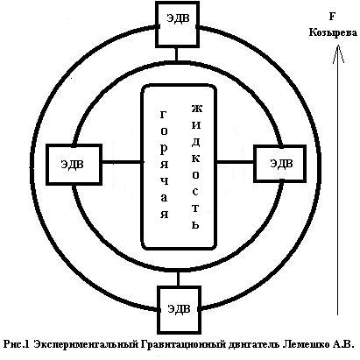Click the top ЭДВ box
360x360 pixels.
178,24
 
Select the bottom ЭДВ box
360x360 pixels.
180,309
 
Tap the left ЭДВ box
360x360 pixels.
74,165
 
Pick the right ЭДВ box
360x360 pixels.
280,164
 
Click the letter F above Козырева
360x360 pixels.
332,17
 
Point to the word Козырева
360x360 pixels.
333,32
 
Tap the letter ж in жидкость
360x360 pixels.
197,109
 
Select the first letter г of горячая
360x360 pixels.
164,114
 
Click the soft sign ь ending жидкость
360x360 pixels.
195,224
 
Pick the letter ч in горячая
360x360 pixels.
165,181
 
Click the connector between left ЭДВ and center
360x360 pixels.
123,162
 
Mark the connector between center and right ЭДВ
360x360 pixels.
236,161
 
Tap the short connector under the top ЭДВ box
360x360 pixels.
176,54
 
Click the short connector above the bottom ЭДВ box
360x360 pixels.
178,279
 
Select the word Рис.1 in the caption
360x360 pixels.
17,344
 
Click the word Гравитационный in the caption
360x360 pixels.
183,344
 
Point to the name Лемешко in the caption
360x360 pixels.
305,344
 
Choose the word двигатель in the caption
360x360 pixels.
254,344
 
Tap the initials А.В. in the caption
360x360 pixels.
342,344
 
